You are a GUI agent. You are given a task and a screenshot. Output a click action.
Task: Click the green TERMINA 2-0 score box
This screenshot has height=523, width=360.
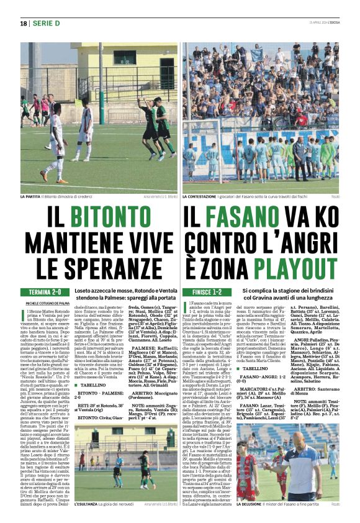tap(45, 291)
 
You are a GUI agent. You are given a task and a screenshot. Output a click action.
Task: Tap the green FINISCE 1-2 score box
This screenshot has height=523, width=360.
tap(207, 291)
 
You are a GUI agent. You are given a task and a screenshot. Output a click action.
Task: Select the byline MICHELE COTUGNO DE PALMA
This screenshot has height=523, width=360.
tap(47, 302)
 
